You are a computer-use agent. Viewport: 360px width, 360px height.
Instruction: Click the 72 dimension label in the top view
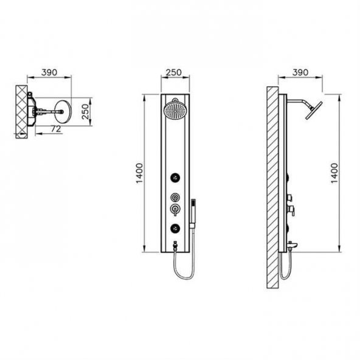click(56, 129)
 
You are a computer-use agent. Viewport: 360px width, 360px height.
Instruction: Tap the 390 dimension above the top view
click(49, 72)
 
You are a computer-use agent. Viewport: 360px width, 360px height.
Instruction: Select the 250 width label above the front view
click(174, 72)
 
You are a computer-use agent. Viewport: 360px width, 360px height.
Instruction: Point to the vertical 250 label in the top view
click(85, 111)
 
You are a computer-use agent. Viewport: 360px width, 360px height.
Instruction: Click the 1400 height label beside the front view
click(139, 173)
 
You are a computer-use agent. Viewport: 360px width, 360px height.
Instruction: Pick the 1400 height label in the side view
click(334, 173)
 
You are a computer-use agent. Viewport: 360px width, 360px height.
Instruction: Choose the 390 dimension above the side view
click(300, 72)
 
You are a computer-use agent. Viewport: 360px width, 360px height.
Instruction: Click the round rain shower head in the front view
click(175, 111)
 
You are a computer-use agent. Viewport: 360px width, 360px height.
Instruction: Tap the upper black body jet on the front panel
click(175, 178)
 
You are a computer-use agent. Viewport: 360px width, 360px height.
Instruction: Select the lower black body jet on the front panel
click(175, 228)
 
